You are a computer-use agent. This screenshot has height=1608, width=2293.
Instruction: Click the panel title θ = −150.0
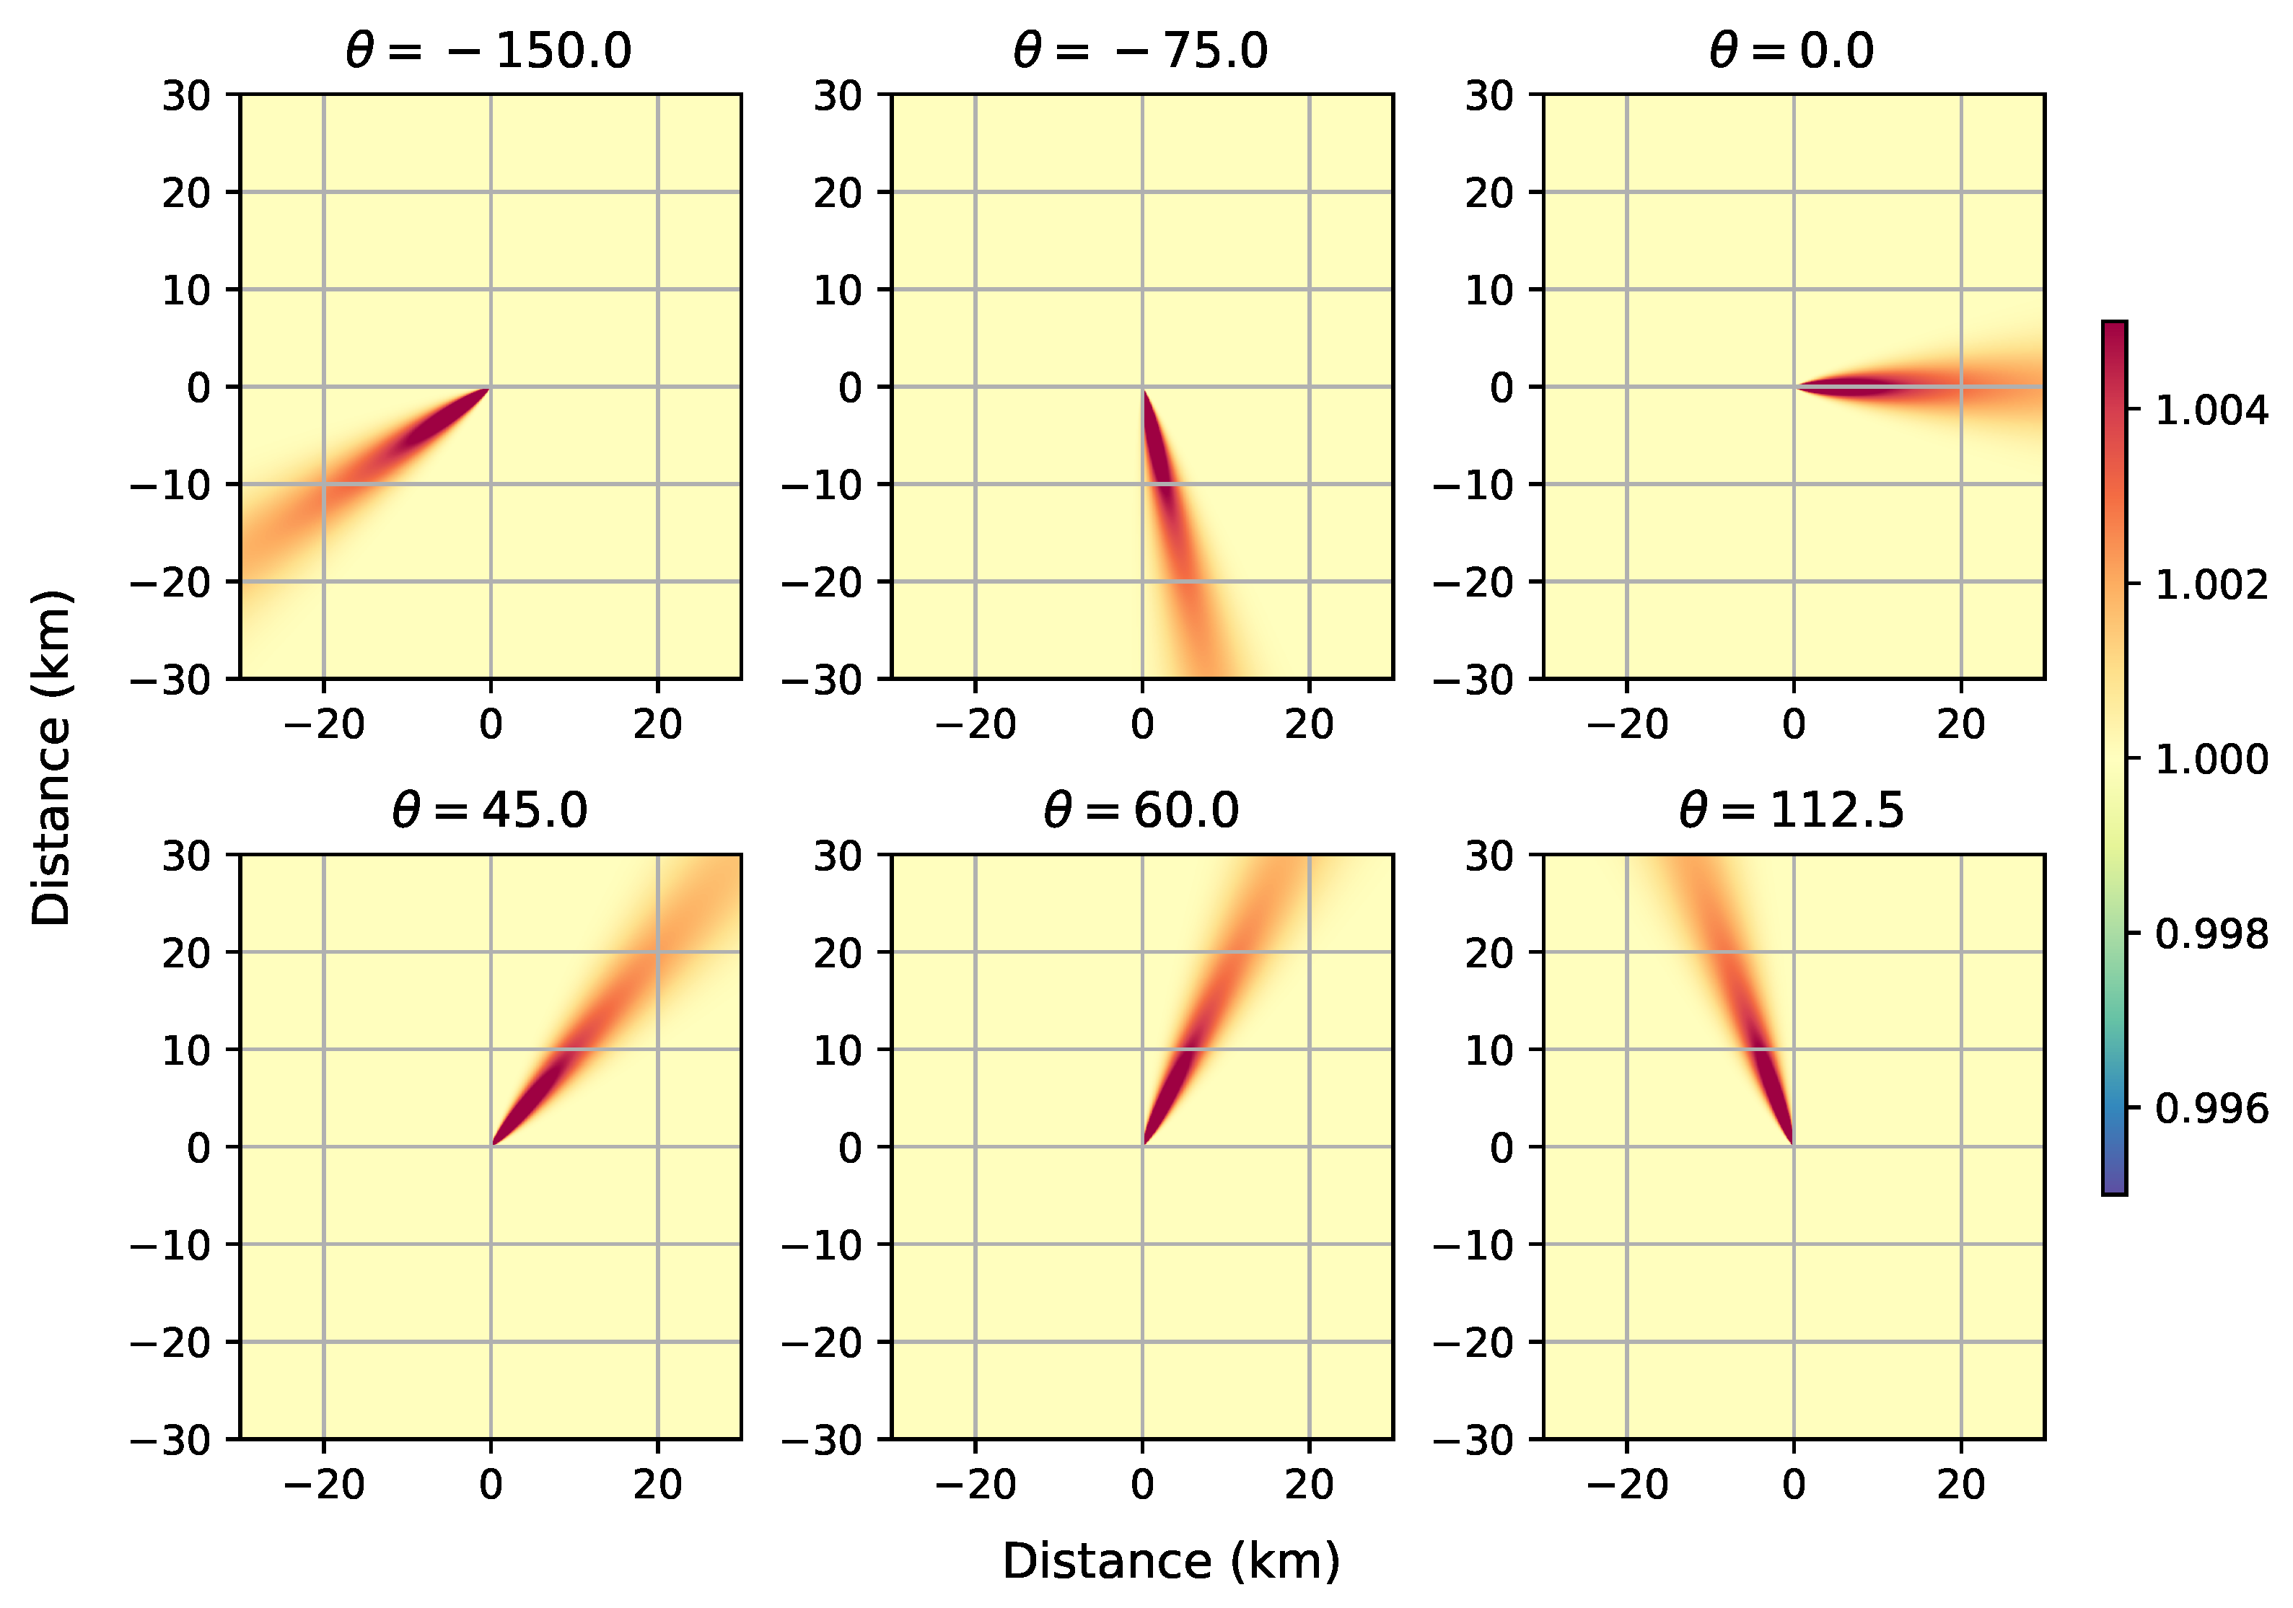coord(488,50)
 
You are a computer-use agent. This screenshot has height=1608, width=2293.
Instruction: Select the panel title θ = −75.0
coord(1141,50)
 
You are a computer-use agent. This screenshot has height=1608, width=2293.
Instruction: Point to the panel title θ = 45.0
coord(489,810)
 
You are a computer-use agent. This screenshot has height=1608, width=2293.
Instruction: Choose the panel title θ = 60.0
coord(1141,810)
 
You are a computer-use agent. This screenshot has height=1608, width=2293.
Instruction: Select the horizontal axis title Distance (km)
coord(1170,1561)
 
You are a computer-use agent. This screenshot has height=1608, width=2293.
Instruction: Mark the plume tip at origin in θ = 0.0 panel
coord(1796,387)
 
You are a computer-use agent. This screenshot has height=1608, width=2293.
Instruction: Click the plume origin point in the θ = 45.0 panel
coord(491,1145)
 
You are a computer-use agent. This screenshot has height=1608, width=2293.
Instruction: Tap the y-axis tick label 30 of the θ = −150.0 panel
coord(187,96)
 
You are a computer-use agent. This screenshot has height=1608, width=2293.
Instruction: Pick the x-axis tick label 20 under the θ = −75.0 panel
coord(1310,724)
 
